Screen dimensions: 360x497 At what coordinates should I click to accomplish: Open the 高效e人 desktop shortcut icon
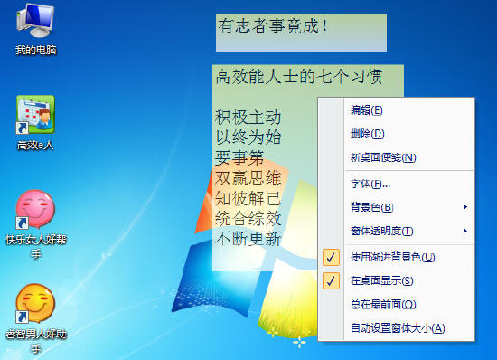tap(35, 114)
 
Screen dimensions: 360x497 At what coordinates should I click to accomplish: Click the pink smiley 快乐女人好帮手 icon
tap(35, 209)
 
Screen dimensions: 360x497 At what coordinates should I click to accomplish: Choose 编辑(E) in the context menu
tap(366, 110)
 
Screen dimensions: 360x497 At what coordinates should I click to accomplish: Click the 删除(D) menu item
tap(366, 134)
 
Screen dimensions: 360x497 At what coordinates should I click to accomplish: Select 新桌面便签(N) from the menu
tap(382, 157)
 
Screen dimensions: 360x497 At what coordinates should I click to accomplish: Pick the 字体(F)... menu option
tap(370, 185)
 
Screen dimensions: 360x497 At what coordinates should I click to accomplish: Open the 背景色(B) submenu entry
tap(371, 208)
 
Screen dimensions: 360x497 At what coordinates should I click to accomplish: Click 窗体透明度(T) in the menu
tap(382, 231)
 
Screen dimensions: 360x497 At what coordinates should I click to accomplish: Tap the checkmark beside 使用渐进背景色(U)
tap(332, 257)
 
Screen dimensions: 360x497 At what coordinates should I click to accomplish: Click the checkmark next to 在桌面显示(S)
tap(332, 280)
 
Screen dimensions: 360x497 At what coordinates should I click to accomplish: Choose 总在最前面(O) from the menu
tap(382, 304)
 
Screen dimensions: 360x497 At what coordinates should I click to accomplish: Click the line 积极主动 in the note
tap(248, 118)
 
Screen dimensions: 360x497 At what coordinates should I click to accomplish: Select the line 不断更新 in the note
tap(248, 238)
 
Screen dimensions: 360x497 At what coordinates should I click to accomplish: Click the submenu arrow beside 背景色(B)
tap(464, 208)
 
